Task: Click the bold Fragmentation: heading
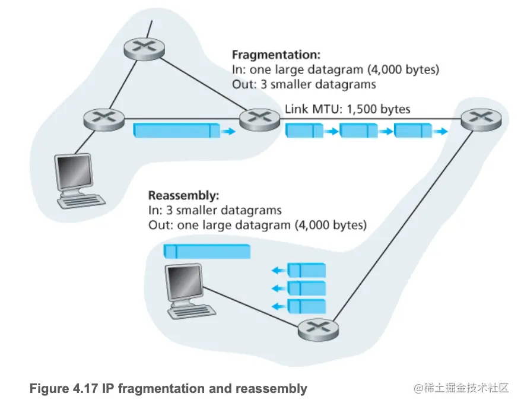click(275, 55)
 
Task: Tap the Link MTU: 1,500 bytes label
click(347, 110)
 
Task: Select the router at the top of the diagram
click(144, 49)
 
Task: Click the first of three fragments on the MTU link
click(304, 130)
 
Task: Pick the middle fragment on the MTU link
click(358, 130)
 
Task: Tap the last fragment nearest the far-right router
click(413, 130)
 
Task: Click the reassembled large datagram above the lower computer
click(207, 250)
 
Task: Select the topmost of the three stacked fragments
click(306, 270)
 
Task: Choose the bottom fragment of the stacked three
click(306, 306)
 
